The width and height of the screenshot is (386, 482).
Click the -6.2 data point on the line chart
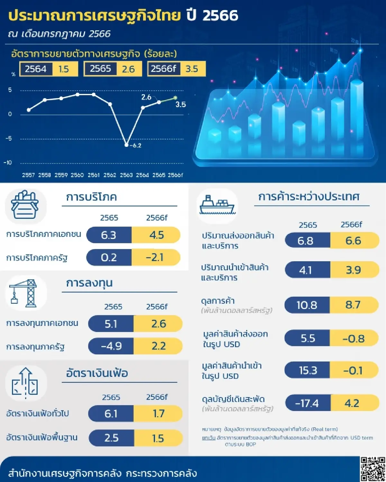pos(126,145)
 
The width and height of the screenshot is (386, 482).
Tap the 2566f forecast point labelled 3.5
pos(175,98)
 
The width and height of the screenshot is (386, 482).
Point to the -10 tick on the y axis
pos(8,163)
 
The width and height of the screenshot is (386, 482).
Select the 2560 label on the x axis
pos(77,175)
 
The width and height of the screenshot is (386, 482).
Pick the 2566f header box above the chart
pos(163,69)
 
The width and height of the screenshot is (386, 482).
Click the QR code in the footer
pos(372,469)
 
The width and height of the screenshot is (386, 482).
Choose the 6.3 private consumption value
pos(109,235)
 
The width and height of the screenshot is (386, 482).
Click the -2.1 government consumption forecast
pos(155,257)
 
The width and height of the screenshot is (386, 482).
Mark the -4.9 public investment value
pos(111,346)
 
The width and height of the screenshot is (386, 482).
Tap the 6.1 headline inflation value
pos(111,414)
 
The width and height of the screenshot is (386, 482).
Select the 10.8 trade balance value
pos(307,305)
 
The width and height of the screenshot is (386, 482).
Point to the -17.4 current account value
pos(307,403)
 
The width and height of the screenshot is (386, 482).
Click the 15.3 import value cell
pos(308,370)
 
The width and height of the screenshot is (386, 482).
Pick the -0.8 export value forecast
pos(354,339)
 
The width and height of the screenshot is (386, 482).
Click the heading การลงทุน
pos(89,283)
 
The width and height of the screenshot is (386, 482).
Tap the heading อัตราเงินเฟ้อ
pos(97,373)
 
